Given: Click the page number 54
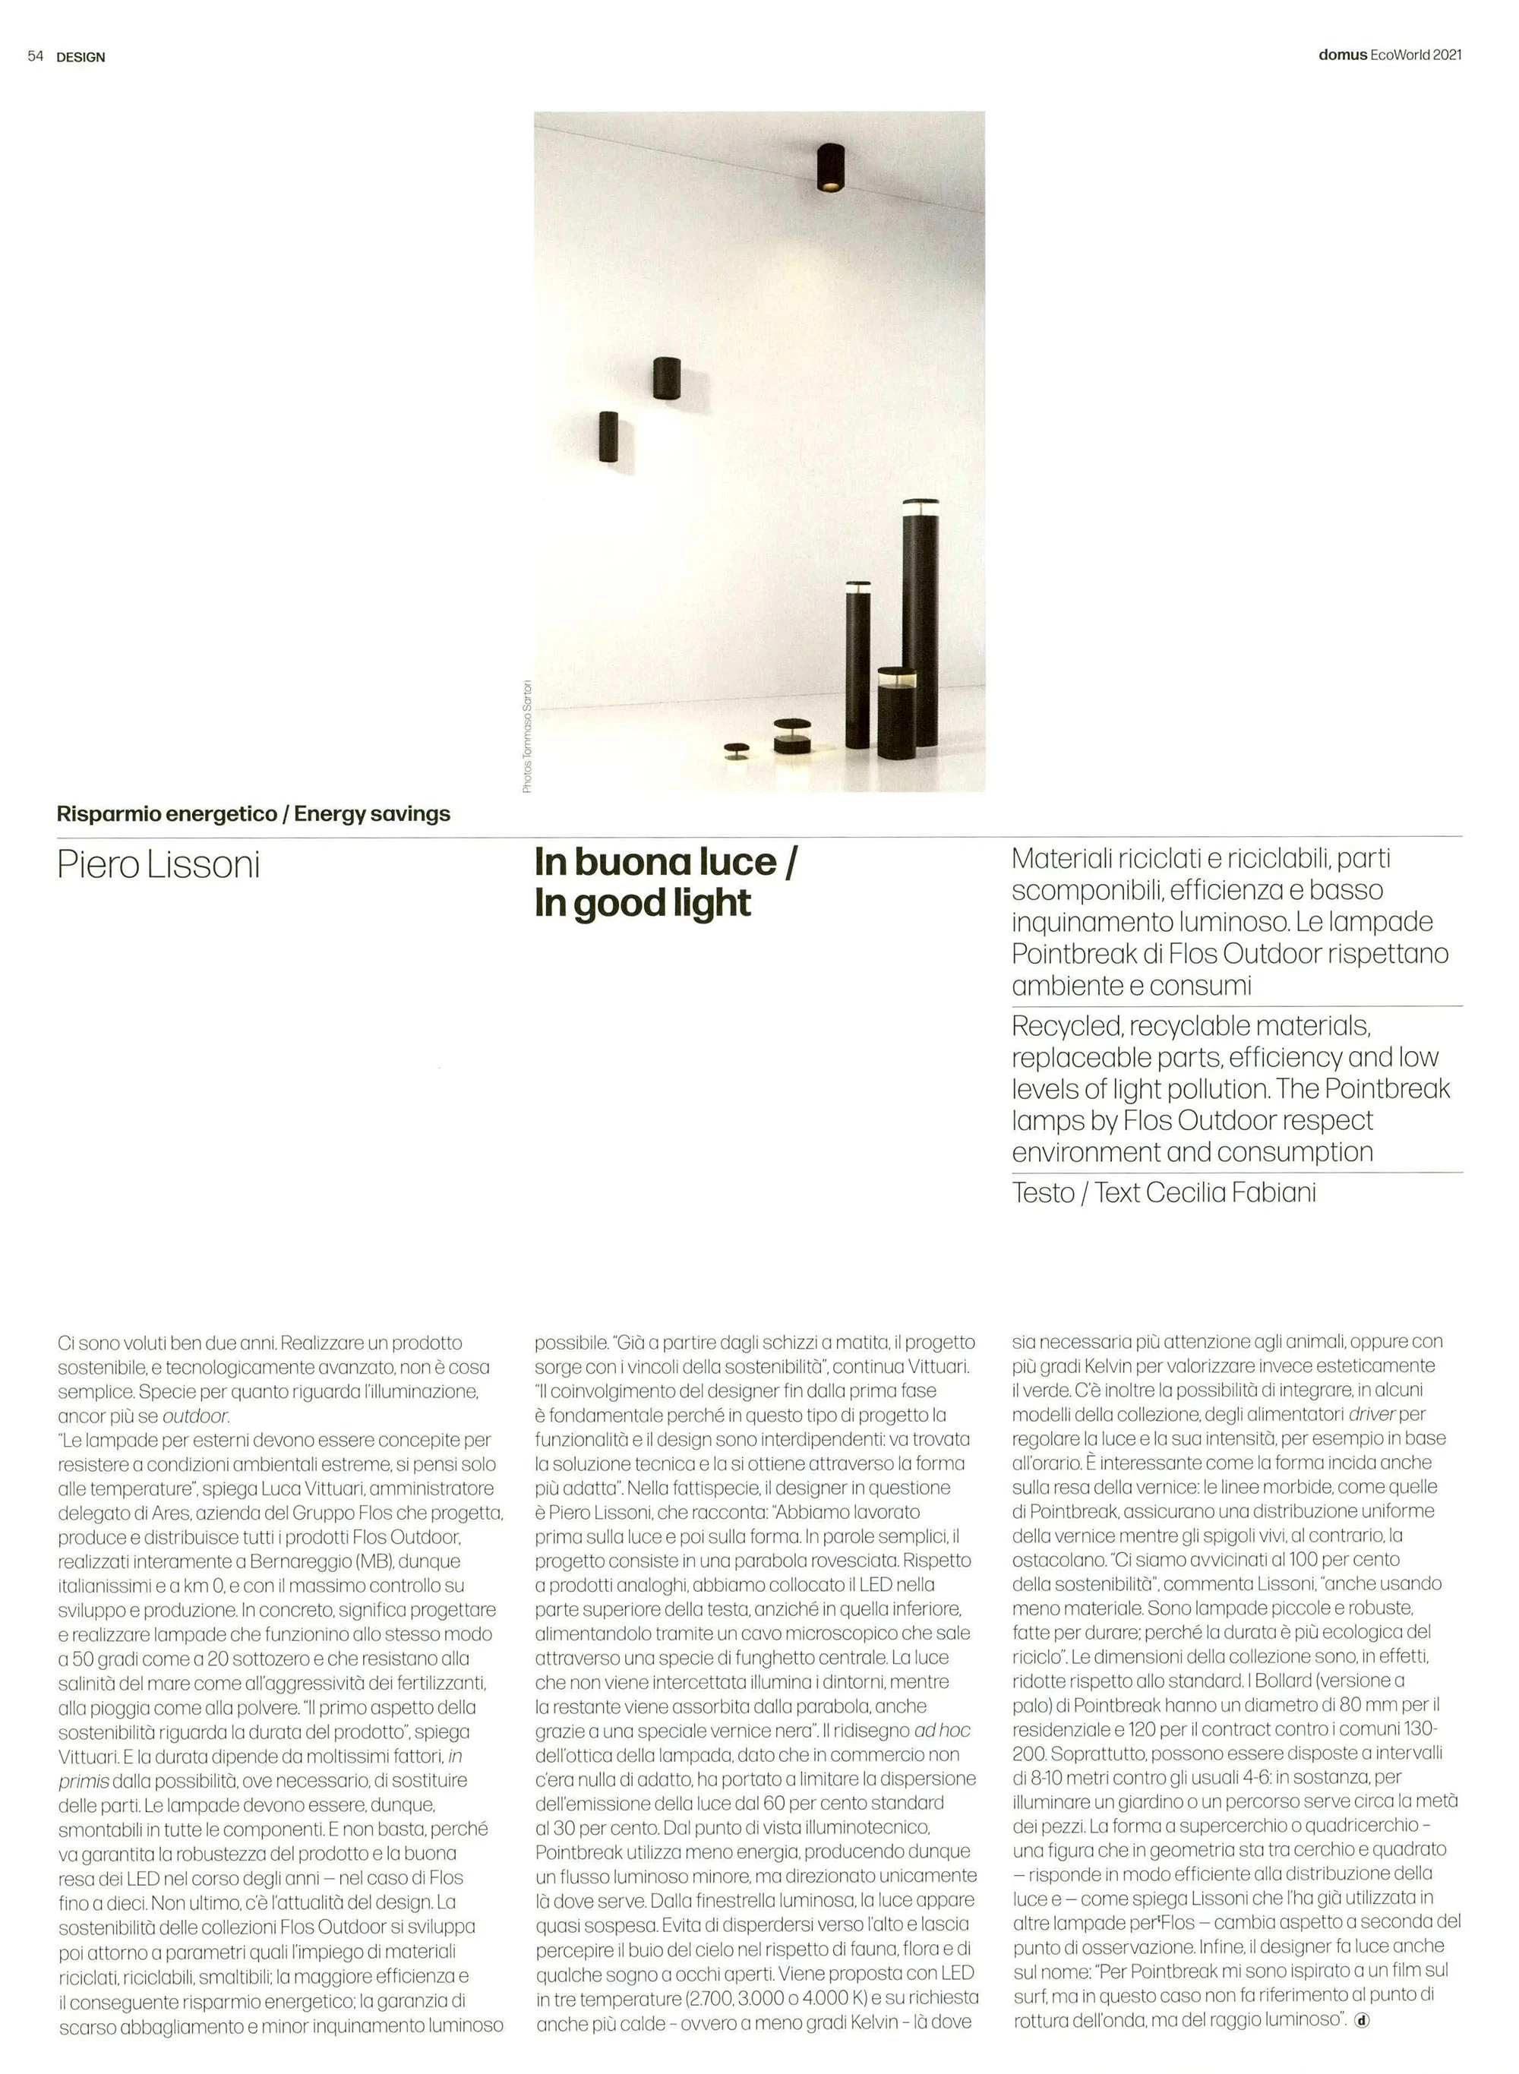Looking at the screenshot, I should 35,56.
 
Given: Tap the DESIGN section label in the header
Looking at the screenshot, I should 81,57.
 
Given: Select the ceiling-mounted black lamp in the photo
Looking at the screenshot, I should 830,169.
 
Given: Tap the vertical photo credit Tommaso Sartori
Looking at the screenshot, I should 527,735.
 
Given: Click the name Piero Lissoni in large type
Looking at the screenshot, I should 158,865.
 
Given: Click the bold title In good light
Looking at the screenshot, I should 642,904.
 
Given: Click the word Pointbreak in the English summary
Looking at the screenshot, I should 1387,1088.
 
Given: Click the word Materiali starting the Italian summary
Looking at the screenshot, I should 1061,859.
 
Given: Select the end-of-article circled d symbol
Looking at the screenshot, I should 1362,2020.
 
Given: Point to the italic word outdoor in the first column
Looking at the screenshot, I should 195,1416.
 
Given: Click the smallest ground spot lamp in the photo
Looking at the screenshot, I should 736,752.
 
